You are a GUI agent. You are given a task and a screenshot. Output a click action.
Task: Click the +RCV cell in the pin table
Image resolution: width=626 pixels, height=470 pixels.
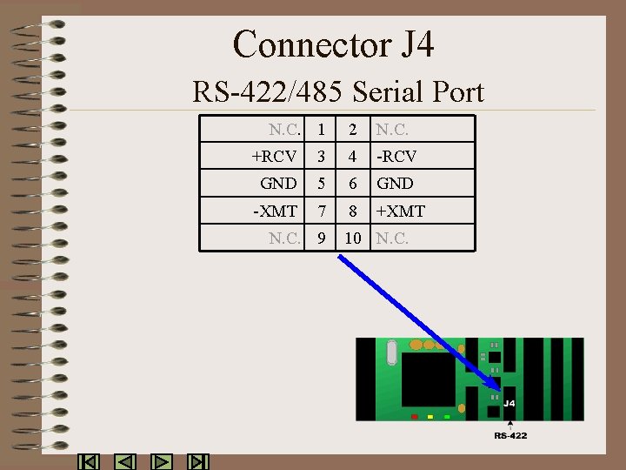coord(274,157)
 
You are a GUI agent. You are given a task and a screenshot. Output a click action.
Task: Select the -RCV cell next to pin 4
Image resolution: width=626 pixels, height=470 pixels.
coord(396,157)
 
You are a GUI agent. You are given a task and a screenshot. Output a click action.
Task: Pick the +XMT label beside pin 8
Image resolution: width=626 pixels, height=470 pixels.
coord(400,211)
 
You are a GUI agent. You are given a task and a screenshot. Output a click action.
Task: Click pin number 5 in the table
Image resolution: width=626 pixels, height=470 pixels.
coord(322,184)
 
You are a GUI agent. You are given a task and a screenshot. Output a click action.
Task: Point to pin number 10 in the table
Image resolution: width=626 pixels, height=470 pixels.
coord(352,238)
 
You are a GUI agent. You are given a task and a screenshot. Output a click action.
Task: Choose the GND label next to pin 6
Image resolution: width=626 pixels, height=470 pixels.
coord(395,184)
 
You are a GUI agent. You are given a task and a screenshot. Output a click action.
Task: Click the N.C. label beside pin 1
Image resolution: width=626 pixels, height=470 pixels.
coord(284,130)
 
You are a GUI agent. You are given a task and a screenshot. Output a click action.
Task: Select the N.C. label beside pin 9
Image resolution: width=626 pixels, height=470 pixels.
coord(284,238)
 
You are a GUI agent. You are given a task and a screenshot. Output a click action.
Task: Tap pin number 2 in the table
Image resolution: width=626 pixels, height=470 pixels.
coord(352,130)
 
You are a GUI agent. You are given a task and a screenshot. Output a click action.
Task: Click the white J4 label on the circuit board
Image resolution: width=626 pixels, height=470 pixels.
coord(509,404)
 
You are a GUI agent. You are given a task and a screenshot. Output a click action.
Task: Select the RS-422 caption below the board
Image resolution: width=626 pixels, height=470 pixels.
coord(510,435)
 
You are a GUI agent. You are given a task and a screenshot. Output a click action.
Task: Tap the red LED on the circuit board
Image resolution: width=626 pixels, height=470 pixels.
coord(415,417)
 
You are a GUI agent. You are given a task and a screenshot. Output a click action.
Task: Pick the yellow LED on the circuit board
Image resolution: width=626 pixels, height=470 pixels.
coord(430,417)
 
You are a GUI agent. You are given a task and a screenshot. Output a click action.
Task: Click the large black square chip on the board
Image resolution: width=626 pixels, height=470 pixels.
coord(428,379)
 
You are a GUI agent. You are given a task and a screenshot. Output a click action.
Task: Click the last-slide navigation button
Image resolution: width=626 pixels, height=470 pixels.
coord(199,462)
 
